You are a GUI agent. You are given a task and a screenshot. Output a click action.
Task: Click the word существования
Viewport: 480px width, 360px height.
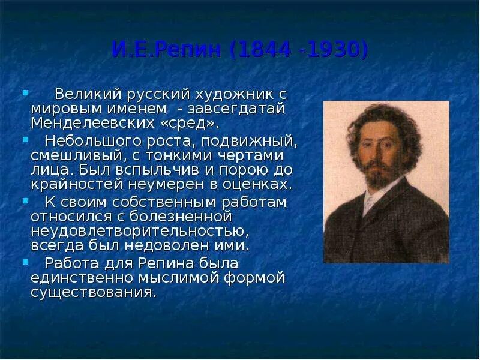(x=93, y=292)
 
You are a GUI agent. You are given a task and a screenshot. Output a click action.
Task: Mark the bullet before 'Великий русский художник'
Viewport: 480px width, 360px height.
(x=25, y=93)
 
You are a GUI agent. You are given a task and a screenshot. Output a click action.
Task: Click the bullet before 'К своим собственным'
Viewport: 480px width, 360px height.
(x=25, y=200)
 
